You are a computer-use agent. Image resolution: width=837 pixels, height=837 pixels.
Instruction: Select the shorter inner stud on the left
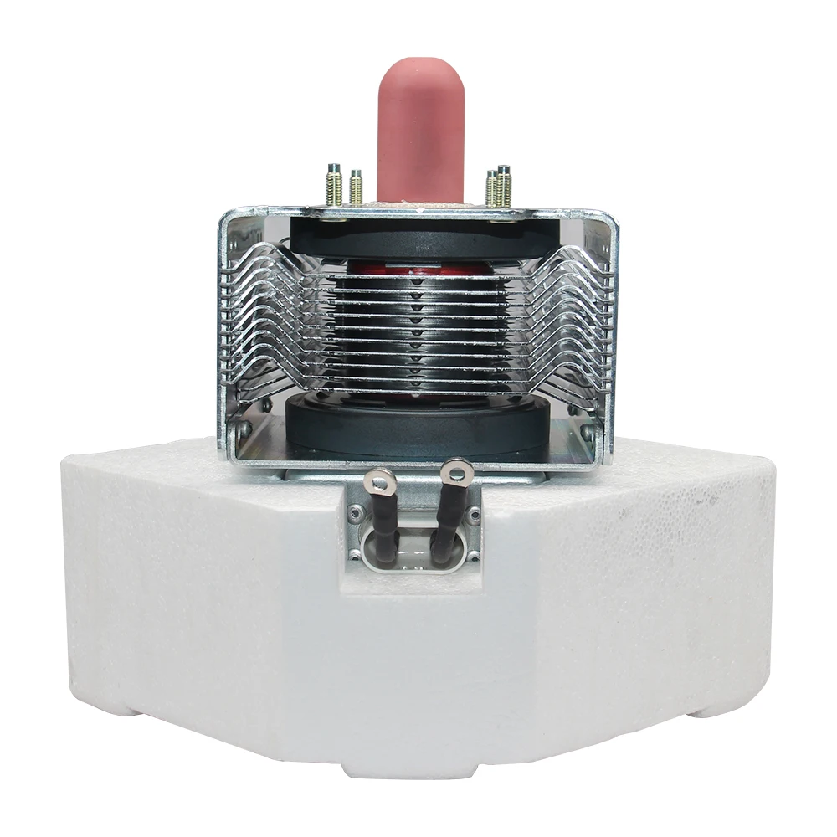tap(356, 188)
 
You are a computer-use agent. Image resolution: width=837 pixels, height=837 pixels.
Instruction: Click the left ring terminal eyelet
tap(381, 480)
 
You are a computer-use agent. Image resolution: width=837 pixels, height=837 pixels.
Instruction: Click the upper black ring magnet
tap(418, 239)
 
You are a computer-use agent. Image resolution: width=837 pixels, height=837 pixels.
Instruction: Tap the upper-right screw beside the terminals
tap(475, 513)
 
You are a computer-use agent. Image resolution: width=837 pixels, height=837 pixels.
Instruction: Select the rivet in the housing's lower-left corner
tap(242, 432)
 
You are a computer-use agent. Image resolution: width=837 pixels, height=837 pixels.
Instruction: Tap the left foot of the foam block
tap(126, 708)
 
